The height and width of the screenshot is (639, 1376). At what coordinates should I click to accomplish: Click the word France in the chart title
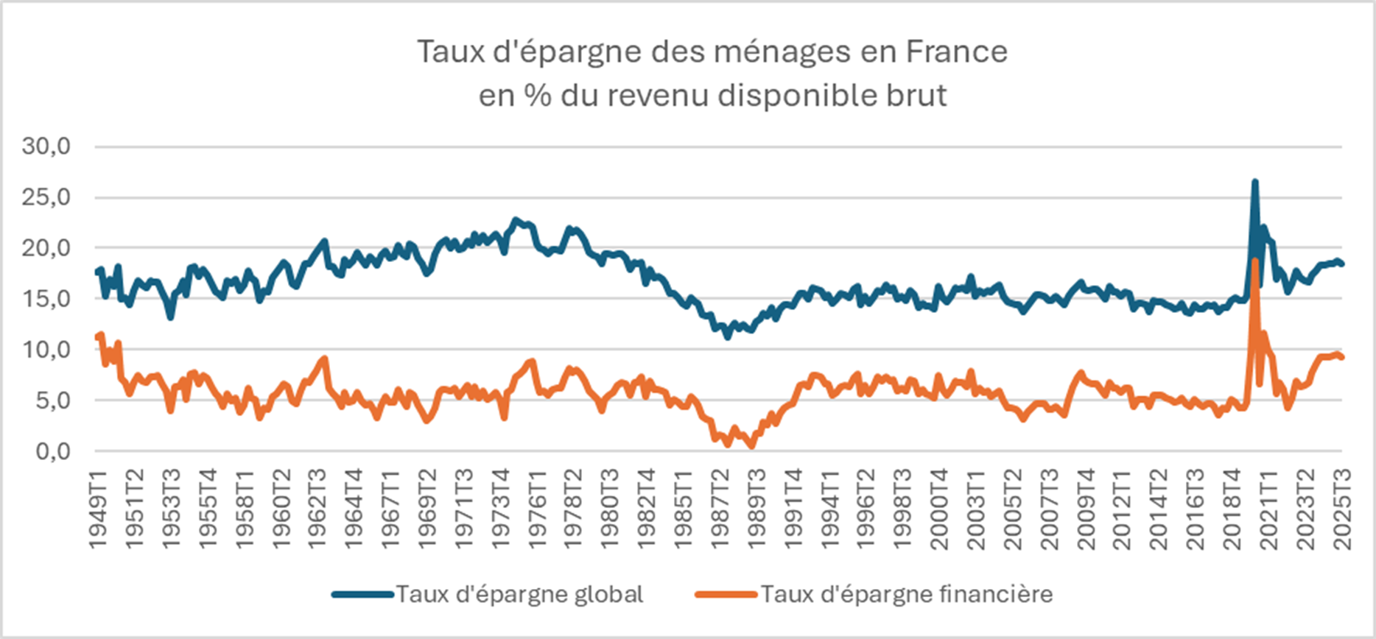(x=956, y=52)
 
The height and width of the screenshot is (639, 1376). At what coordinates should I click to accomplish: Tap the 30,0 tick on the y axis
(x=46, y=146)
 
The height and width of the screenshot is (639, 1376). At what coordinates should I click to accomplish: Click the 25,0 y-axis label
(x=46, y=197)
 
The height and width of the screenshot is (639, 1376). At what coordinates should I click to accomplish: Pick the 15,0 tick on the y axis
(x=46, y=299)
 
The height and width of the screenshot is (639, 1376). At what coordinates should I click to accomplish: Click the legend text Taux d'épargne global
(x=520, y=594)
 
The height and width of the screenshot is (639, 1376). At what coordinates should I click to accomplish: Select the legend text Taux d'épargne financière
(x=907, y=594)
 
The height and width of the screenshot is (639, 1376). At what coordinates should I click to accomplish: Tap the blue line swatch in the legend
(x=362, y=594)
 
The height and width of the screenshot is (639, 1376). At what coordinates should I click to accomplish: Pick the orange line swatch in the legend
(x=726, y=594)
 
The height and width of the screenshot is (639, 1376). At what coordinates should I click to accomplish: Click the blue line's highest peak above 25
(x=1254, y=181)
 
